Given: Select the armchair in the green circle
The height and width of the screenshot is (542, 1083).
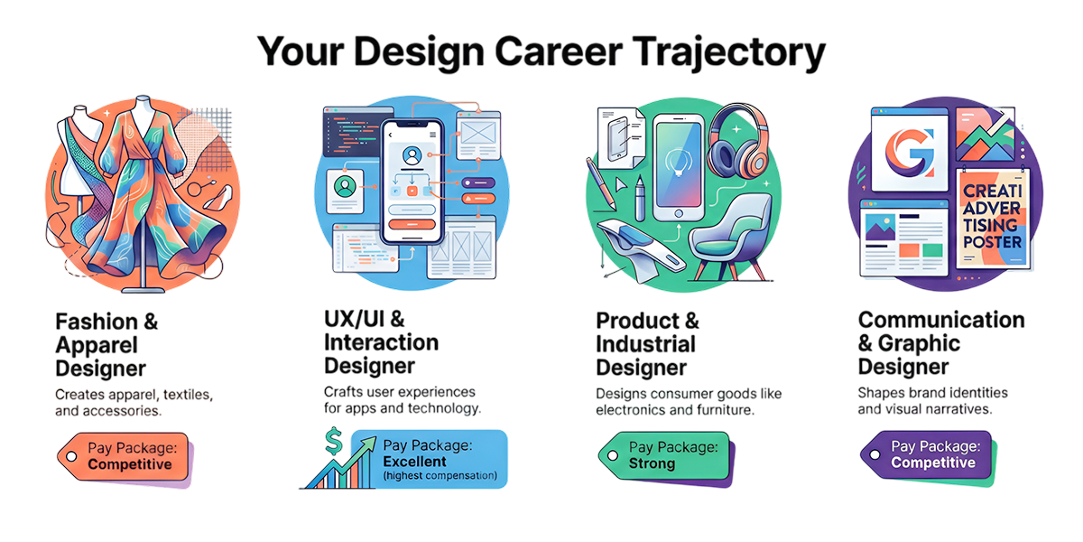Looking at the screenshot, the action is (x=730, y=237).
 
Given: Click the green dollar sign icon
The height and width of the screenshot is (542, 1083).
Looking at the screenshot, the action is (x=334, y=441).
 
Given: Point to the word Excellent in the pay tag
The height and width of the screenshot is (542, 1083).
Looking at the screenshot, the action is (x=414, y=462).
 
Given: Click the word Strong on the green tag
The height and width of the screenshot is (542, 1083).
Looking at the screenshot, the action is (x=652, y=463).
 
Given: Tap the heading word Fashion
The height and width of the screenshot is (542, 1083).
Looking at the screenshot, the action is (x=97, y=322).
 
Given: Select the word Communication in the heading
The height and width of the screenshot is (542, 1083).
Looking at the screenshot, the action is (x=941, y=320).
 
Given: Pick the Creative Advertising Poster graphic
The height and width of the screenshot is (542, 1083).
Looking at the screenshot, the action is (x=993, y=219).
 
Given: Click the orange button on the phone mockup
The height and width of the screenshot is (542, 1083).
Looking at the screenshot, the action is (x=412, y=225).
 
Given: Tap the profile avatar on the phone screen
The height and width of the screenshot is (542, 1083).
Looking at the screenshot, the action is (x=412, y=156).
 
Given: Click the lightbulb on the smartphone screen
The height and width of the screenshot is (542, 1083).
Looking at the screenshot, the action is (x=679, y=162).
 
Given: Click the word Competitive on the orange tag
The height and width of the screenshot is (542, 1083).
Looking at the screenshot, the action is (x=130, y=464).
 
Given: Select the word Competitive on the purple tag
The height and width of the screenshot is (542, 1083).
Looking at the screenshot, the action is (x=933, y=463).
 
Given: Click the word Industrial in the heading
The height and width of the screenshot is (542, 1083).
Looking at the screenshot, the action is (x=645, y=344).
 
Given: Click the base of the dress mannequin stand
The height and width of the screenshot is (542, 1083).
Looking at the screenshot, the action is (x=143, y=290).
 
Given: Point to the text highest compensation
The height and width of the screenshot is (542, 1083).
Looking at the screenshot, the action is (x=440, y=476).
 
